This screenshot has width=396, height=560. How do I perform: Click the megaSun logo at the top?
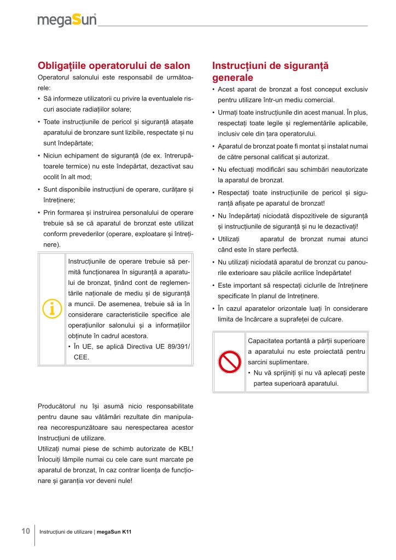pyautogui.click(x=67, y=21)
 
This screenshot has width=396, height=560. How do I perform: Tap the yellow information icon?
pyautogui.click(x=51, y=309)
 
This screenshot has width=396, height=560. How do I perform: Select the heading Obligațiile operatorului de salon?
pyautogui.click(x=114, y=66)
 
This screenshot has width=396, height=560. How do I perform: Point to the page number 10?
pyautogui.click(x=26, y=531)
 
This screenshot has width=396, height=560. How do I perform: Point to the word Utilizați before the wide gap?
pyautogui.click(x=229, y=239)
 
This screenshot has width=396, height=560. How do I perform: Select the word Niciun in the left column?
pyautogui.click(x=54, y=156)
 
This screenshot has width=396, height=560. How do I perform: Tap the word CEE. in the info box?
pyautogui.click(x=81, y=357)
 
